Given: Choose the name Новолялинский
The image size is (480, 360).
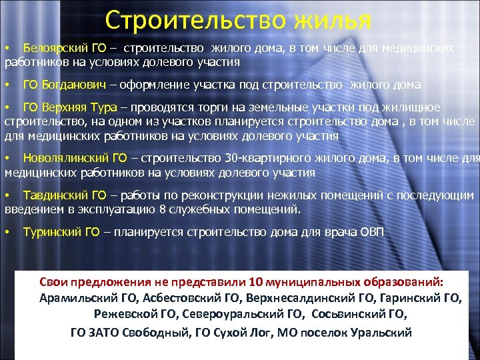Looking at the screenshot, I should point(65,159).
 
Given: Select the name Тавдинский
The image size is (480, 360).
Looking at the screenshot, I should point(55,195).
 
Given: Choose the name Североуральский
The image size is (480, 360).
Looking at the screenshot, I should point(211,314).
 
